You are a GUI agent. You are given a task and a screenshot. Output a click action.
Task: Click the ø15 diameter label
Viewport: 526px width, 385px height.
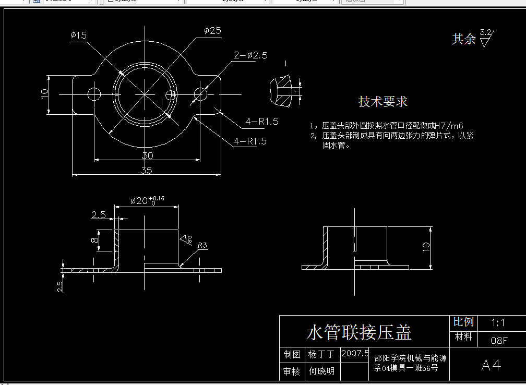click(x=79, y=35)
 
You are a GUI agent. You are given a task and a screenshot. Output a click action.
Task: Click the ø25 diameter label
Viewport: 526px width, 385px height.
click(x=212, y=31)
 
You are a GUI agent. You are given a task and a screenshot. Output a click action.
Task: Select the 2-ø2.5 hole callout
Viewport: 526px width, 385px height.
click(x=250, y=55)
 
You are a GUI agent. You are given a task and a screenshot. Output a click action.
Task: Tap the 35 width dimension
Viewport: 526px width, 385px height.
click(x=147, y=170)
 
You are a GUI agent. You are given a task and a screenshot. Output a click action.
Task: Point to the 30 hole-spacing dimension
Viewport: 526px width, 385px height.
click(x=147, y=155)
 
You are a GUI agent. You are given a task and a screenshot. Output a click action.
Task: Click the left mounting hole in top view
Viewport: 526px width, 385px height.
click(x=94, y=94)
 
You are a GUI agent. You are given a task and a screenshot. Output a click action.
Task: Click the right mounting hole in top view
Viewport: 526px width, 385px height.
click(x=200, y=94)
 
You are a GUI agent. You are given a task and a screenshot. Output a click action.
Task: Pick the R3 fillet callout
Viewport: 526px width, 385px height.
click(x=202, y=245)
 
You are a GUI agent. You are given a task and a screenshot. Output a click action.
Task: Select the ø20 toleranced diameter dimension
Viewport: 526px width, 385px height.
click(x=147, y=200)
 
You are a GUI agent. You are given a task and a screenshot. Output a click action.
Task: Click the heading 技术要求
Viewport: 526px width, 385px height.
click(x=382, y=102)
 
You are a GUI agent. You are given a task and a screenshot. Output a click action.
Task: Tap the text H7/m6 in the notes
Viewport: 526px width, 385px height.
click(x=450, y=126)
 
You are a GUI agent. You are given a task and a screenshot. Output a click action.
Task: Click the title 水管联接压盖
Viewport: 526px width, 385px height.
click(x=359, y=332)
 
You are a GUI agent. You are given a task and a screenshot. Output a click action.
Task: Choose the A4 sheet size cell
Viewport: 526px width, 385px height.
click(x=491, y=365)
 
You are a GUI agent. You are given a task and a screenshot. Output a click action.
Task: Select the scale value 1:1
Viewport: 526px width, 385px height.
click(x=498, y=323)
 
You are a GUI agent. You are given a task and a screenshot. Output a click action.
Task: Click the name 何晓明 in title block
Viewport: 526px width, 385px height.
click(x=321, y=371)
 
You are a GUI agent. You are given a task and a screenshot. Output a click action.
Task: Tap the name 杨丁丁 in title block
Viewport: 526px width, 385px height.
click(x=321, y=355)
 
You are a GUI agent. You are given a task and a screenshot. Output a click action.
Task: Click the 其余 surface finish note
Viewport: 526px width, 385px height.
click(x=464, y=39)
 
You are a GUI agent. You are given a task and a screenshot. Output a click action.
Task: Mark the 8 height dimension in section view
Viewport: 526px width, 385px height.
click(x=94, y=240)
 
